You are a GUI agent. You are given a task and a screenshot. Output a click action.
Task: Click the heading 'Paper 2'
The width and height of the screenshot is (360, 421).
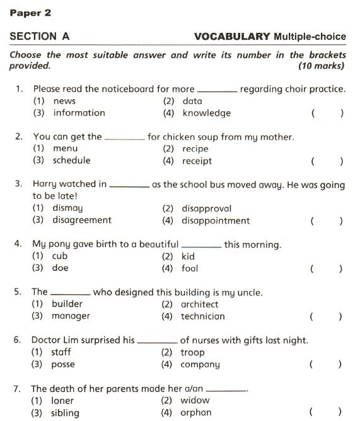[30, 13]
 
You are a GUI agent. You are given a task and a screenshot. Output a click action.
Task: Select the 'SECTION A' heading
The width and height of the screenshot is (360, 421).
[39, 37]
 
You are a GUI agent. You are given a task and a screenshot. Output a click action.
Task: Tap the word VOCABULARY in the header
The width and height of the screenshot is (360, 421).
[232, 37]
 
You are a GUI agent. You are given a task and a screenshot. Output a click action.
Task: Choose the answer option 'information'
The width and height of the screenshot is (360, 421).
[79, 113]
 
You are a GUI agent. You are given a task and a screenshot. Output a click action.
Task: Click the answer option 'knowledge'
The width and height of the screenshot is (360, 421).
[206, 114]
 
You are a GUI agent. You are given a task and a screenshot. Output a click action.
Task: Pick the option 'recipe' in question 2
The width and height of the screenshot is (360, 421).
[195, 149]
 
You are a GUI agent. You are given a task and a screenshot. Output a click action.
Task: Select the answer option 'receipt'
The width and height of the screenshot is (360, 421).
[197, 161]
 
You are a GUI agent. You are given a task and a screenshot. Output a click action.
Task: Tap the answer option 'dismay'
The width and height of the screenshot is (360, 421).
[67, 208]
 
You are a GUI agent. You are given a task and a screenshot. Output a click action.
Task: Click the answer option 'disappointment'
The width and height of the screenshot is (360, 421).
[216, 221]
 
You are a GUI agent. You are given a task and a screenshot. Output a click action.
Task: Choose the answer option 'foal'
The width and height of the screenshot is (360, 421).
[189, 268]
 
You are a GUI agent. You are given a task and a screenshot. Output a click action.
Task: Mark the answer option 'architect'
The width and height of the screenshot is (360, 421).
[199, 304]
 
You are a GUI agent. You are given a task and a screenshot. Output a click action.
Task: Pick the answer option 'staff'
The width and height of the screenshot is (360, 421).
[62, 353]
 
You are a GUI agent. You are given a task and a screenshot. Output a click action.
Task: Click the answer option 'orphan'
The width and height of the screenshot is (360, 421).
[195, 413]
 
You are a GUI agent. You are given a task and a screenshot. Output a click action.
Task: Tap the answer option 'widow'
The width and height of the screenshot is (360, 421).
[195, 400]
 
